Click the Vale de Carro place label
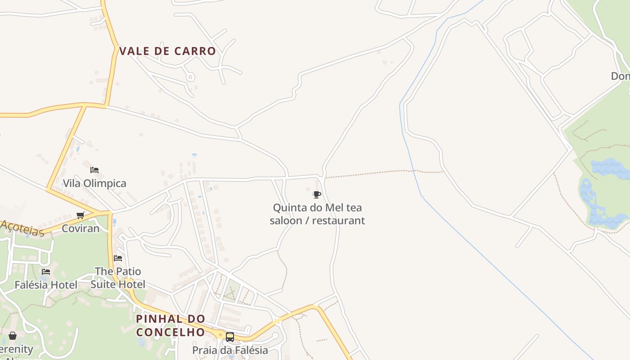[x=167, y=51]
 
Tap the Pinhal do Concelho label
[x=171, y=325]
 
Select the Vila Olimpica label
[x=94, y=183]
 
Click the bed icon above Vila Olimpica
[x=94, y=170]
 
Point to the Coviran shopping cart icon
[x=81, y=215]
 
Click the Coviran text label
[x=81, y=228]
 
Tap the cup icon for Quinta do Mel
[x=317, y=195]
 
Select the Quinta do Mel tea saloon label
[x=317, y=214]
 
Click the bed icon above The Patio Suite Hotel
[x=118, y=258]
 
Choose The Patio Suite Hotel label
[x=118, y=278]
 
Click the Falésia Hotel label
[x=46, y=285]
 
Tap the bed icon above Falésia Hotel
[x=46, y=272]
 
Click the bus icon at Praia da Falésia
[x=230, y=337]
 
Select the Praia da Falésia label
[x=230, y=350]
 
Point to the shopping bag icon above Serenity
[x=13, y=336]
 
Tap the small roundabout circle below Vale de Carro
[x=190, y=77]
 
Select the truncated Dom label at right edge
[x=621, y=76]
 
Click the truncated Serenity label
[x=17, y=349]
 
